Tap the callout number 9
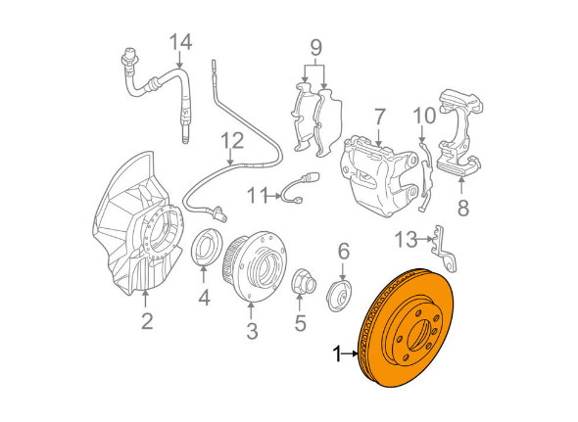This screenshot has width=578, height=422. [315, 47]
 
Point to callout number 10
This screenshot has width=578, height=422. [423, 116]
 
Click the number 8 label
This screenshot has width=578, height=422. [463, 207]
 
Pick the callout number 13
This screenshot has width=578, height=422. [407, 238]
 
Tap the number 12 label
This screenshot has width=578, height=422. [230, 140]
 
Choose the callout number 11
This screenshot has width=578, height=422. [257, 196]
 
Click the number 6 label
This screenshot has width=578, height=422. [343, 252]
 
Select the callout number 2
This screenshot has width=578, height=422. [146, 320]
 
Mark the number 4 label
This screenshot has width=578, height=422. [204, 298]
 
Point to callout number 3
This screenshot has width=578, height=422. [252, 331]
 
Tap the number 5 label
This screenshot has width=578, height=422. [300, 320]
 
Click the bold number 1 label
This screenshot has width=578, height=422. [338, 353]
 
